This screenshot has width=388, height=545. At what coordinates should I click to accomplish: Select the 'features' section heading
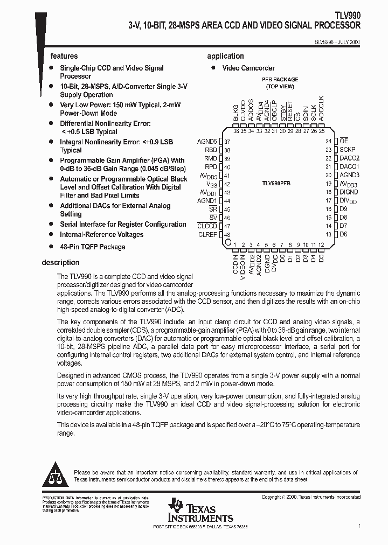click(64, 56)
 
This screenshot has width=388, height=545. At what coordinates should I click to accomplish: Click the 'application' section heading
click(225, 56)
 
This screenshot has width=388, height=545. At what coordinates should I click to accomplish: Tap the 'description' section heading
click(60, 263)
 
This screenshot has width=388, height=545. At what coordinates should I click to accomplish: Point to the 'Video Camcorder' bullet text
click(248, 68)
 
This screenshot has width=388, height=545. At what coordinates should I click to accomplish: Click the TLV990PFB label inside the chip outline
click(276, 184)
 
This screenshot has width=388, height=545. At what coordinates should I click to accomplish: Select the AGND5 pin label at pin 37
click(207, 141)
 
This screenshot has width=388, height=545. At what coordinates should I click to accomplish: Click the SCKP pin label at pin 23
click(348, 150)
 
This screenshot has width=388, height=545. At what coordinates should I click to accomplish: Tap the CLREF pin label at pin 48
click(207, 235)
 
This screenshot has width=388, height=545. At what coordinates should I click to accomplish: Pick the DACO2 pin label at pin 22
click(349, 158)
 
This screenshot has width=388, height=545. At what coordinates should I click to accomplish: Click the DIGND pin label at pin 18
click(349, 192)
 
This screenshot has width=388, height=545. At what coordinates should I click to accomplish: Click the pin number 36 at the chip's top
click(235, 131)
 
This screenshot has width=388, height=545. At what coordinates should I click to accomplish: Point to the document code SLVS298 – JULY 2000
click(337, 41)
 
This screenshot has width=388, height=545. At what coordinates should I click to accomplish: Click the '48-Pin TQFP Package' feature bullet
click(92, 247)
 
